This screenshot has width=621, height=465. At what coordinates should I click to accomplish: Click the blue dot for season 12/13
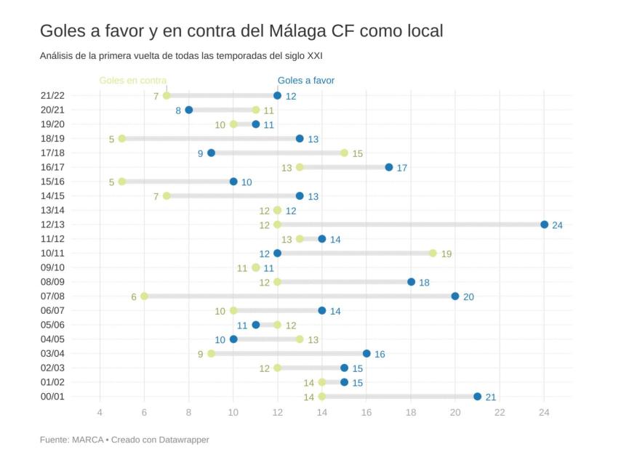pyautogui.click(x=544, y=225)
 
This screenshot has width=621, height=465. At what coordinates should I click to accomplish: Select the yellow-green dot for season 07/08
pyautogui.click(x=144, y=296)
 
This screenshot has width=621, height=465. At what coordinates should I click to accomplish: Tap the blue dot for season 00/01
pyautogui.click(x=477, y=397)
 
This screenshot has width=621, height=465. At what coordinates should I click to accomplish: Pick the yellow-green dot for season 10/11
pyautogui.click(x=433, y=253)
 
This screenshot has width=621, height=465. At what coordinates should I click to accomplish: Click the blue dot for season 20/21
pyautogui.click(x=189, y=110)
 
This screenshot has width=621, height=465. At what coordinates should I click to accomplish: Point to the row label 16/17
pyautogui.click(x=52, y=167)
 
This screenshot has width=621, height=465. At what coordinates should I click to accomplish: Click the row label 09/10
pyautogui.click(x=52, y=267)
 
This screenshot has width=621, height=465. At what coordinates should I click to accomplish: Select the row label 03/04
pyautogui.click(x=52, y=353)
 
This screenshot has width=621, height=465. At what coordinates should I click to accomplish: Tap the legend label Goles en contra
pyautogui.click(x=133, y=81)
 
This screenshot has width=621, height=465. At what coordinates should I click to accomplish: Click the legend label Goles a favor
pyautogui.click(x=306, y=81)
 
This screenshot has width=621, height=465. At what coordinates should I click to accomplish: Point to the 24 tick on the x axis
pyautogui.click(x=544, y=413)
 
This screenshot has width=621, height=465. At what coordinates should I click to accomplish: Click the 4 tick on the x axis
pyautogui.click(x=100, y=413)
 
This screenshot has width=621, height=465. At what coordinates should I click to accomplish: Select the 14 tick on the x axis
pyautogui.click(x=322, y=413)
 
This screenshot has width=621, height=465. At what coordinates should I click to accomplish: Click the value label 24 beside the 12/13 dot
pyautogui.click(x=558, y=225)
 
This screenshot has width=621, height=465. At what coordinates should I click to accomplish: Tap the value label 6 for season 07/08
pyautogui.click(x=134, y=296)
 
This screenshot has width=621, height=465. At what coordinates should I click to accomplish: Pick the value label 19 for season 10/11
pyautogui.click(x=446, y=254)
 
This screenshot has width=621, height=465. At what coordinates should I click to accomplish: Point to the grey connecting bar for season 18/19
pyautogui.click(x=211, y=138)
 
